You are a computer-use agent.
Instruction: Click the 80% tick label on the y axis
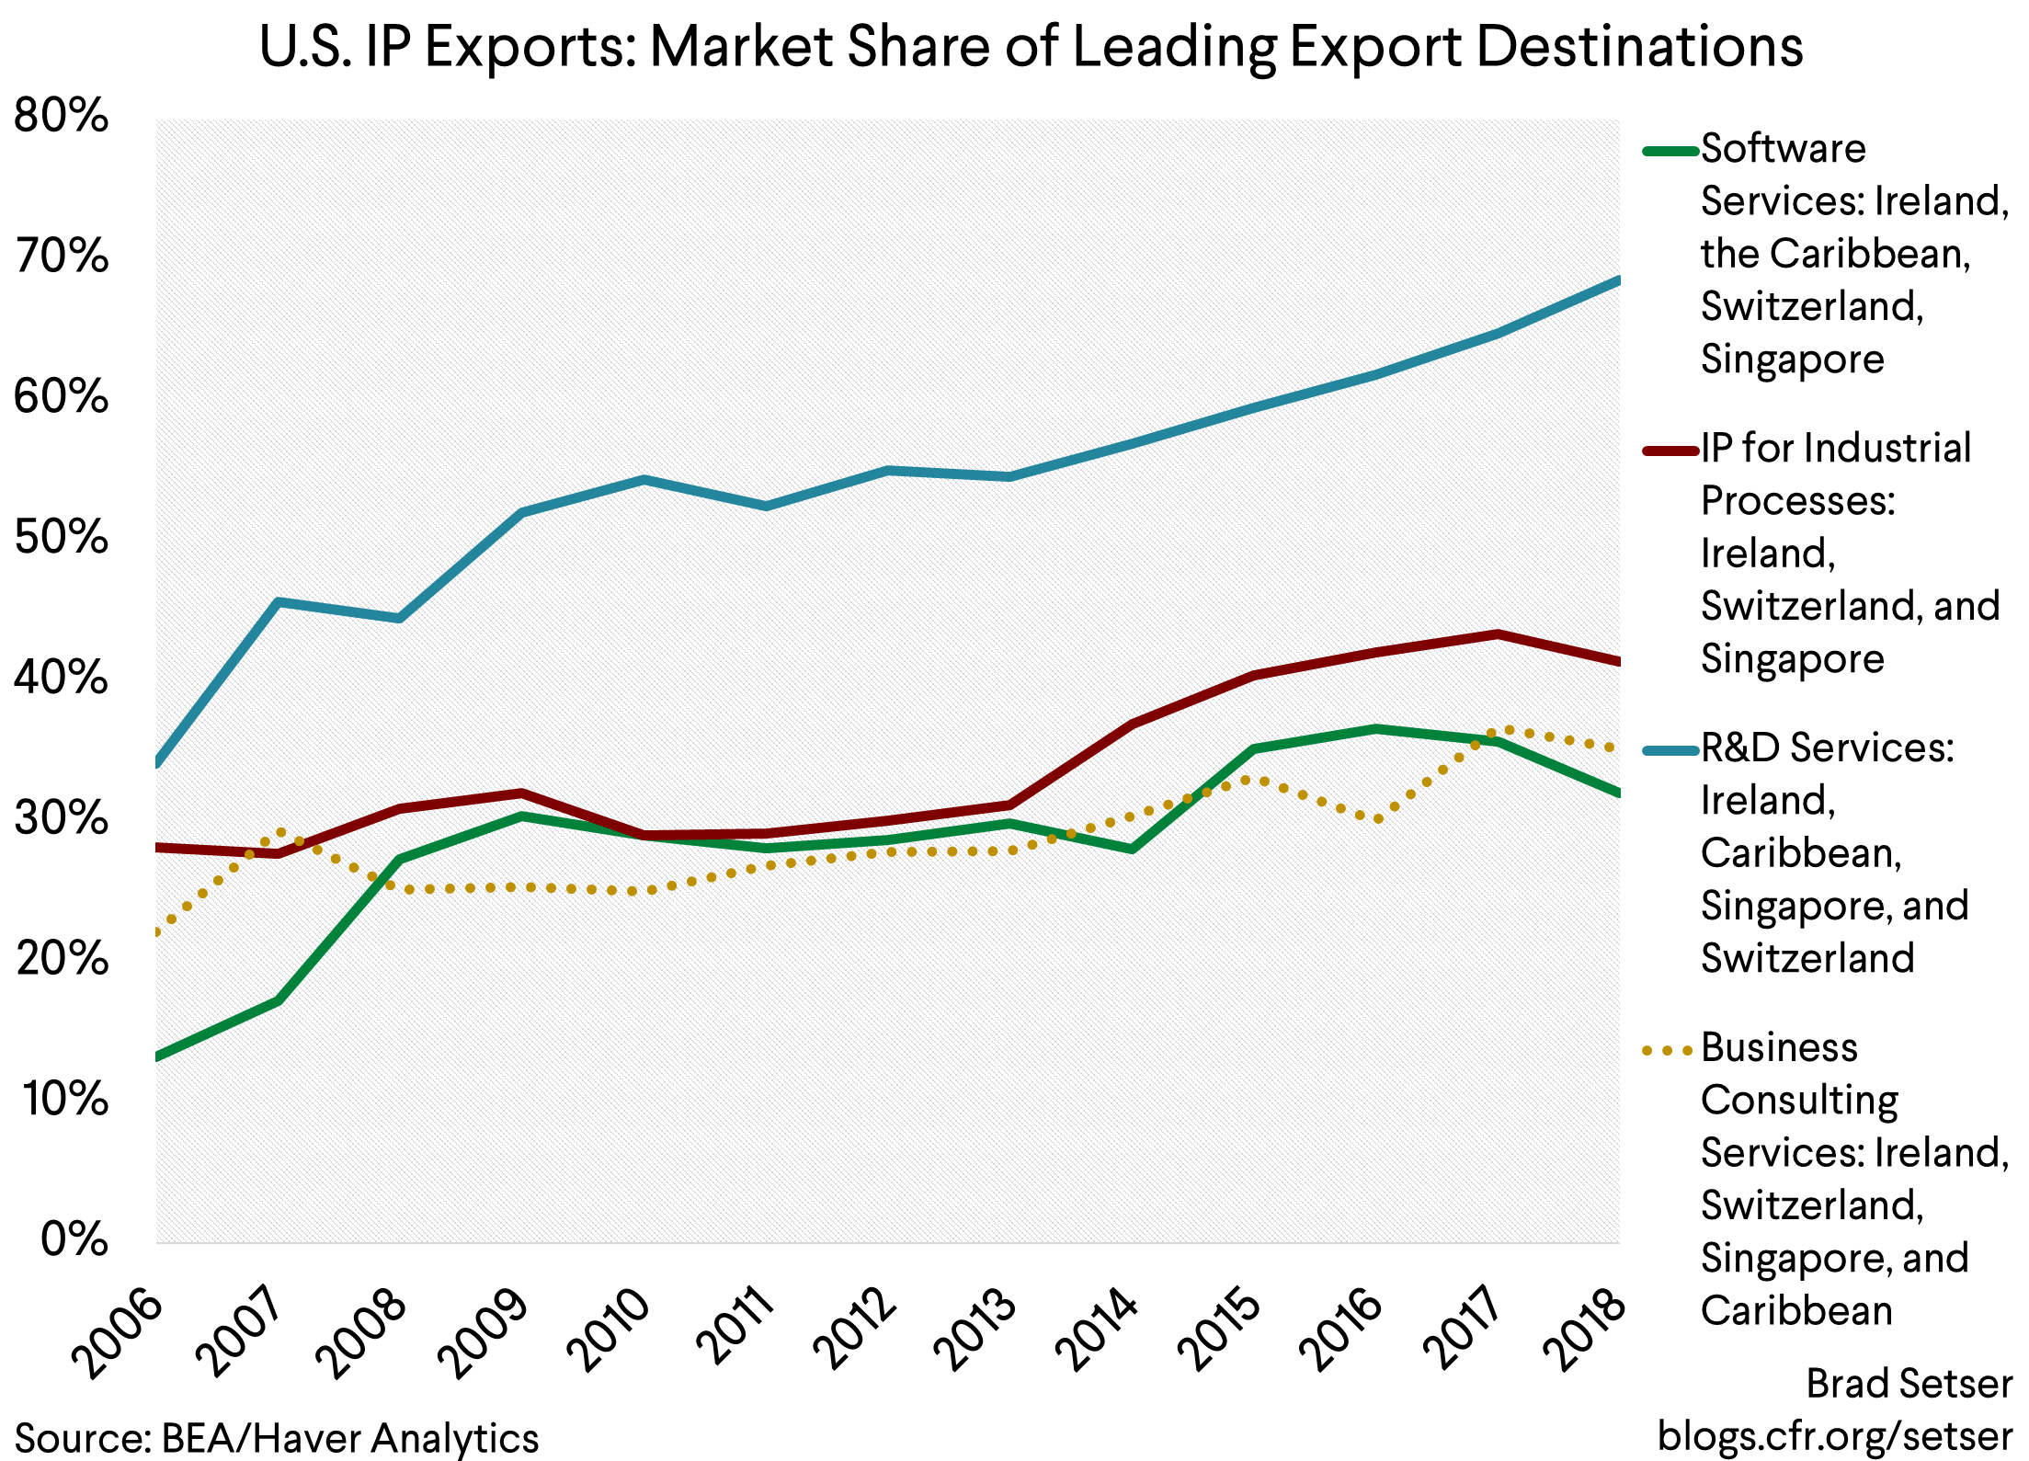(x=61, y=116)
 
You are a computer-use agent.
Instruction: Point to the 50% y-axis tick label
(x=61, y=537)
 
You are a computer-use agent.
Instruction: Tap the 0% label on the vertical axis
(x=74, y=1239)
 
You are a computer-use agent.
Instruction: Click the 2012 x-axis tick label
(x=854, y=1330)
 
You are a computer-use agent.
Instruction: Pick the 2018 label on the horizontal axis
(x=1583, y=1330)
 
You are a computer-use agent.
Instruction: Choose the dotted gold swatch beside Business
(x=1669, y=1050)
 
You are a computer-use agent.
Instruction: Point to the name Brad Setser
(x=1909, y=1383)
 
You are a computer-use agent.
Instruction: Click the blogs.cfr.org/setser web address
(x=1834, y=1435)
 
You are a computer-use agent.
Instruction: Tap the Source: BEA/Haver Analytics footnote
(x=276, y=1437)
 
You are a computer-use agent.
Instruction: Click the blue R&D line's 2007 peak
(x=279, y=601)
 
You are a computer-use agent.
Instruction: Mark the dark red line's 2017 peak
(x=1498, y=633)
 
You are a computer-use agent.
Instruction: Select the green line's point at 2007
(x=279, y=1000)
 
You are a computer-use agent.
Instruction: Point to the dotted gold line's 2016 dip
(x=1376, y=818)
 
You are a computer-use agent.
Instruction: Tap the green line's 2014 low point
(x=1132, y=849)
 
